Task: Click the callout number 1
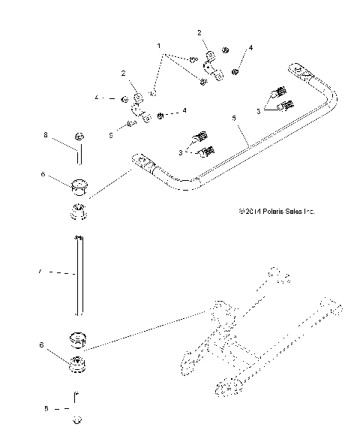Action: pos(159,47)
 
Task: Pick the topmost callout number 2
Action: pos(199,33)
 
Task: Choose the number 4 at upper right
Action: pos(250,47)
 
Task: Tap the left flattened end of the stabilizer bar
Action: pos(141,160)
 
